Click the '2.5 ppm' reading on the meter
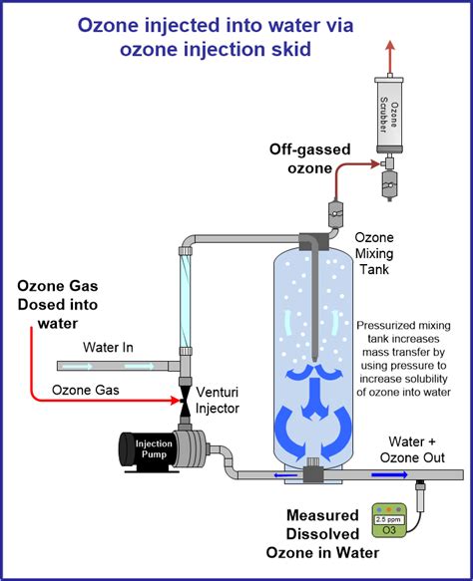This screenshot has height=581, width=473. [x=389, y=519]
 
